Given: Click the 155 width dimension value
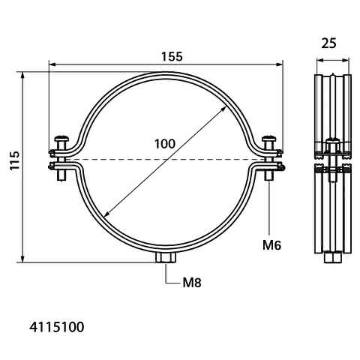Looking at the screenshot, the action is coord(172,56).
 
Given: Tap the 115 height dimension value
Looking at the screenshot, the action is coord(14,160).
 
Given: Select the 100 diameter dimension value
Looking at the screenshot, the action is coord(165,144).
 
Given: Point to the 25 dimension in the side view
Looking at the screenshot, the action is coord(329,43).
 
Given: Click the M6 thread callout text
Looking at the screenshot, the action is coord(271,245).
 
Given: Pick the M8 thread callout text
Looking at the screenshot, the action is coord(192,283).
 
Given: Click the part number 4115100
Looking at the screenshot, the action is coord(57,327).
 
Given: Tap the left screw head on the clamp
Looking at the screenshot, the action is coord(61,138).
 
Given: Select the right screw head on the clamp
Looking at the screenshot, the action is coord(268,138).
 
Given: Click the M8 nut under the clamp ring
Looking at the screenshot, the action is coord(166,257).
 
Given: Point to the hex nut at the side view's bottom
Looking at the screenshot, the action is coord(333,258).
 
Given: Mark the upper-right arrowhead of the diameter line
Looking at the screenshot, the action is coord(223,109).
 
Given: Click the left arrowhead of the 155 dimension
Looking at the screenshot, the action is coord(52,64).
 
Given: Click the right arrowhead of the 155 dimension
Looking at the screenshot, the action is coord(280,64).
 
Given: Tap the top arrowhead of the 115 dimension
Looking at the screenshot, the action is coord(22,75).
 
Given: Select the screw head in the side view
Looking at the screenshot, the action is coord(333,140).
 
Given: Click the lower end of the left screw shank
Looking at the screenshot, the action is coord(61,180).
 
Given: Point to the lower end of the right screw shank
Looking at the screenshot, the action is coord(269,180).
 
